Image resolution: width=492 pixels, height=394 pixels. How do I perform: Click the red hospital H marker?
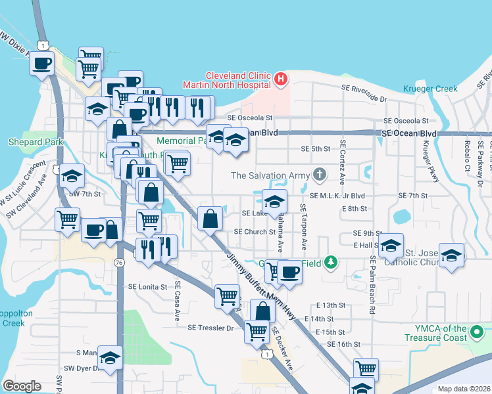click(x=281, y=79)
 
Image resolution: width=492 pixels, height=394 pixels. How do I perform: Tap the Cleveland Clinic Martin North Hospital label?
click(x=238, y=79)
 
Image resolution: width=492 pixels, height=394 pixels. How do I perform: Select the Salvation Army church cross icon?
click(x=319, y=175)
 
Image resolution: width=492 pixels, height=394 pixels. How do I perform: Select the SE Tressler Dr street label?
click(x=210, y=327)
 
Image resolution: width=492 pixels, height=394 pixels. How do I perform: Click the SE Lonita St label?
click(x=149, y=287)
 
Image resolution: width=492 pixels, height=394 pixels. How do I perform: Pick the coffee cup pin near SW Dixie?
click(x=42, y=64)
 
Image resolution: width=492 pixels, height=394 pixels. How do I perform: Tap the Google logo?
click(x=21, y=386)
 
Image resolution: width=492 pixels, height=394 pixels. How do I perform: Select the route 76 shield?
click(x=119, y=262)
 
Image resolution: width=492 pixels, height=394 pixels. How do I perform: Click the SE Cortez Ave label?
click(x=342, y=161)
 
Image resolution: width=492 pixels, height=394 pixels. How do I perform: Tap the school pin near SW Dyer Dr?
click(x=111, y=357)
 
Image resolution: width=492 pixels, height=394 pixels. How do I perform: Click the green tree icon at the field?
click(x=332, y=263)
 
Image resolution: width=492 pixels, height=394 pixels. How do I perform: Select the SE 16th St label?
click(x=343, y=344)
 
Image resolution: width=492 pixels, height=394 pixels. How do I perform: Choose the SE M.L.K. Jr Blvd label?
click(x=336, y=196)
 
